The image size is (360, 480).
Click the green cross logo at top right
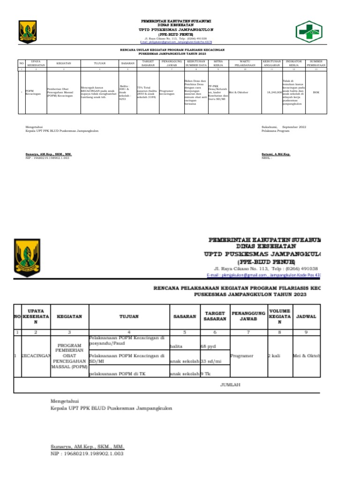(x=308, y=31)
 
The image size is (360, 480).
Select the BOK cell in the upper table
(x=316, y=92)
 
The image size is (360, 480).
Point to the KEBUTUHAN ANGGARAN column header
(x=272, y=63)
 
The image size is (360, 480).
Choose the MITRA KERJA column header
(x=217, y=63)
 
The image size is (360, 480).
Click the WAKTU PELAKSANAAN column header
(x=244, y=63)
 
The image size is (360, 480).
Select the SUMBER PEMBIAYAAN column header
(x=316, y=63)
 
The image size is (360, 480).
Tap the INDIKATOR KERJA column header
(x=293, y=63)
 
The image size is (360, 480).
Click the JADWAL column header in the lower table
(x=307, y=316)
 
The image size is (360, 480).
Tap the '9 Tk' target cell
(x=206, y=373)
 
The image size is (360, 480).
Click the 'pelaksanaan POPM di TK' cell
(x=114, y=373)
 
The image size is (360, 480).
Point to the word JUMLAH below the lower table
(x=230, y=385)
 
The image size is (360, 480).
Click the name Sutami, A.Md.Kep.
(x=276, y=154)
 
